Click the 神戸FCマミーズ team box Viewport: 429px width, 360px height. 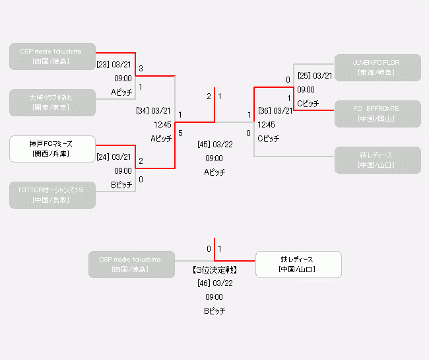[52, 149]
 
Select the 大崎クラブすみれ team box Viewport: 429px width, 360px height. [52, 102]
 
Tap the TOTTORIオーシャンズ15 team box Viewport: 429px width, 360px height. [52, 195]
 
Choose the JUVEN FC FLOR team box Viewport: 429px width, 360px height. [377, 67]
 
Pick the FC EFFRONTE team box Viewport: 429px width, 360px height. [377, 114]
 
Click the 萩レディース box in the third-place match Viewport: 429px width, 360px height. [298, 264]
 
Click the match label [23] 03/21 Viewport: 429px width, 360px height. [114, 65]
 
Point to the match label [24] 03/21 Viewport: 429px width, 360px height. [114, 157]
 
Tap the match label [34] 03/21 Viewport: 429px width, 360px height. [153, 110]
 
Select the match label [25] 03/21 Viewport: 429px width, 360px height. [314, 75]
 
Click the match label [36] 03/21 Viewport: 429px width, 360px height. [275, 110]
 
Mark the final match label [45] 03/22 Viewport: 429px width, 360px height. [214, 144]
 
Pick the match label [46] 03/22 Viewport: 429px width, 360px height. [214, 283]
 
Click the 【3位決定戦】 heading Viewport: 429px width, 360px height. [214, 270]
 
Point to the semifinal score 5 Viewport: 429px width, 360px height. [180, 133]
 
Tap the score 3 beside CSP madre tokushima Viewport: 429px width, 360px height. [141, 68]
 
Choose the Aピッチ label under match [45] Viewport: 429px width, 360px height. [214, 172]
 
